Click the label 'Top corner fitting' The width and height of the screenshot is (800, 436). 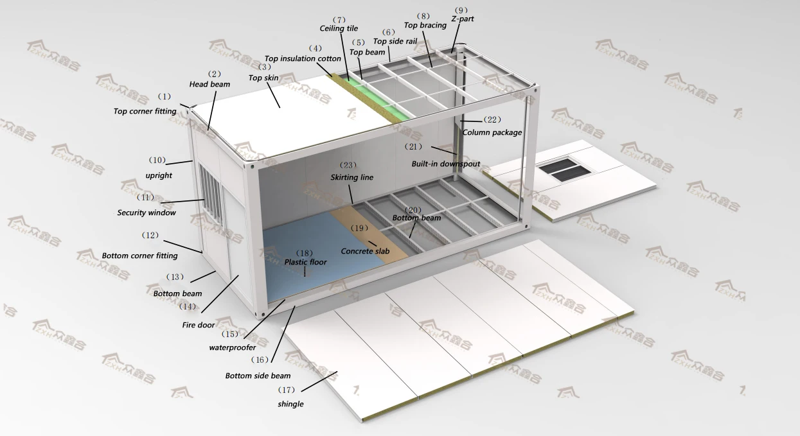tap(145, 111)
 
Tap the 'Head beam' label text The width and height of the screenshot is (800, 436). tap(209, 84)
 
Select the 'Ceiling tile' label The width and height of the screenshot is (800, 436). tap(339, 29)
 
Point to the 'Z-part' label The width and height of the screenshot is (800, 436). tap(462, 19)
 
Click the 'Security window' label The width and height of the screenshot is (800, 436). tap(146, 213)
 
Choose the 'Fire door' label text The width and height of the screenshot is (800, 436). tap(198, 325)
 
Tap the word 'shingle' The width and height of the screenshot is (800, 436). tap(290, 404)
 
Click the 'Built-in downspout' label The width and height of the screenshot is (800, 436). tap(445, 164)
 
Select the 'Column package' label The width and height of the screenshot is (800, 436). tap(492, 132)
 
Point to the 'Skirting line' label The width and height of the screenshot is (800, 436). tap(351, 177)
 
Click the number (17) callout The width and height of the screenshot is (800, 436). tap(287, 390)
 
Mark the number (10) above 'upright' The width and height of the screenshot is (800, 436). tap(157, 160)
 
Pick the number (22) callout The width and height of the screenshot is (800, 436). tap(492, 120)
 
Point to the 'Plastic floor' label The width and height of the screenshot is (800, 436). tap(305, 262)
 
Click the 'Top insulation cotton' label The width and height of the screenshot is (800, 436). tap(303, 58)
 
